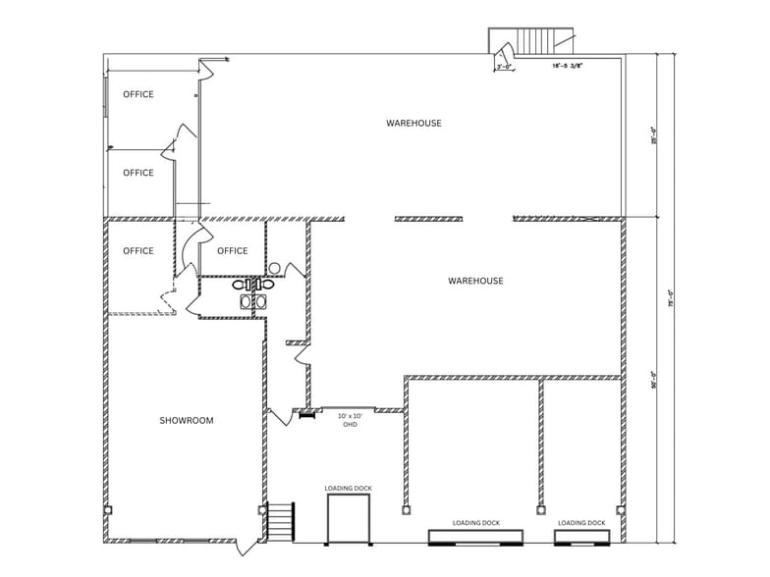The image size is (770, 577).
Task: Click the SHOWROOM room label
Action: (x=187, y=421)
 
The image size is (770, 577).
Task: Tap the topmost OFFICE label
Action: (x=138, y=95)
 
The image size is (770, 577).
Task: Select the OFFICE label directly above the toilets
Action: (x=233, y=251)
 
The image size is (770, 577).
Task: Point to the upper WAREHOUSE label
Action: (x=413, y=124)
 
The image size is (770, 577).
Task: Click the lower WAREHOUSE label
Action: (x=475, y=282)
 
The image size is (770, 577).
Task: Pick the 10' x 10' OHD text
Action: (x=349, y=420)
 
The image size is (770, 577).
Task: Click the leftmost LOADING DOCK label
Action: (x=349, y=489)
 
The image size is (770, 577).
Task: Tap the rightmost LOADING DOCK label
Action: (x=581, y=523)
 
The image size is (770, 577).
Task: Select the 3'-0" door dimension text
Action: (x=505, y=68)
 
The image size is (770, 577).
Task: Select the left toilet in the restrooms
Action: (x=241, y=285)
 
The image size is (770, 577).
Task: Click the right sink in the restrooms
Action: (x=261, y=302)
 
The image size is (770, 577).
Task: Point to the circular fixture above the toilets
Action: (x=275, y=268)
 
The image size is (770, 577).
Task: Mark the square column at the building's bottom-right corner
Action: (x=621, y=510)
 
